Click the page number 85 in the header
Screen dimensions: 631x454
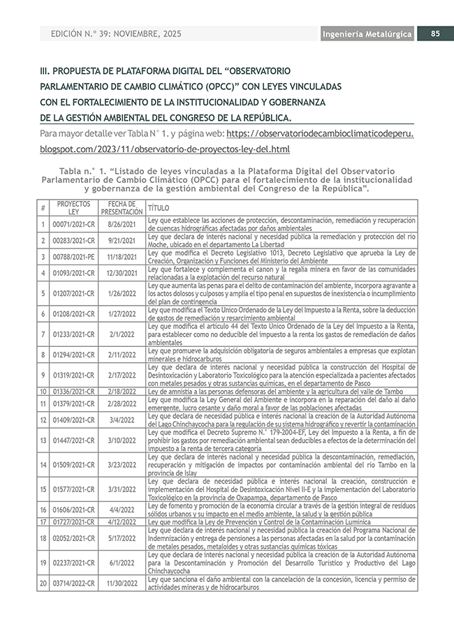pos(434,34)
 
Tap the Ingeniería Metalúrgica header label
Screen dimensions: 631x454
pos(367,34)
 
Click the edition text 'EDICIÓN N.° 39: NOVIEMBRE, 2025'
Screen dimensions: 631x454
pos(115,34)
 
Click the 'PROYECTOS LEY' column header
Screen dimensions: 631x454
pos(73,207)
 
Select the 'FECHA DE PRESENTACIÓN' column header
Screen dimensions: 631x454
pos(122,207)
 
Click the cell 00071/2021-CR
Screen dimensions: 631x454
pos(73,224)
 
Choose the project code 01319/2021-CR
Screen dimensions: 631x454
pos(73,375)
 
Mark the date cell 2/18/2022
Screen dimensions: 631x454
pos(122,392)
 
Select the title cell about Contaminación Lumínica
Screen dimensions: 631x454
pos(251,521)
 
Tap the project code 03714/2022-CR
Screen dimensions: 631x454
pos(73,583)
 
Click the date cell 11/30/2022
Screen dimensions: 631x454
pos(122,583)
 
